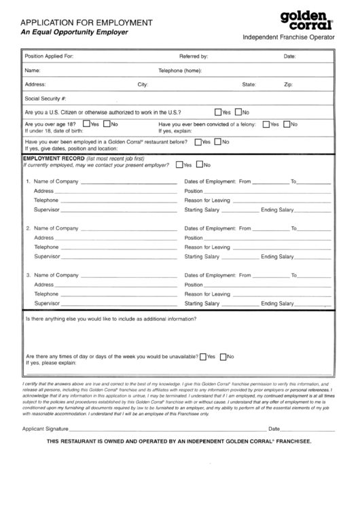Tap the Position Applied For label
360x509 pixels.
(49, 56)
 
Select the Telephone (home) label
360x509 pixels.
(180, 71)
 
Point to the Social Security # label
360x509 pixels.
(45, 99)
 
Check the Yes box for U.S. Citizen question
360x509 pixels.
(217, 112)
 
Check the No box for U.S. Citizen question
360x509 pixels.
(238, 112)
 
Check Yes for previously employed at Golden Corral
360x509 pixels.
(198, 142)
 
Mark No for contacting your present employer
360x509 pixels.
(200, 164)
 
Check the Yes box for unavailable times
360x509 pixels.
(202, 357)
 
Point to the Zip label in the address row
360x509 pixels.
(288, 85)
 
